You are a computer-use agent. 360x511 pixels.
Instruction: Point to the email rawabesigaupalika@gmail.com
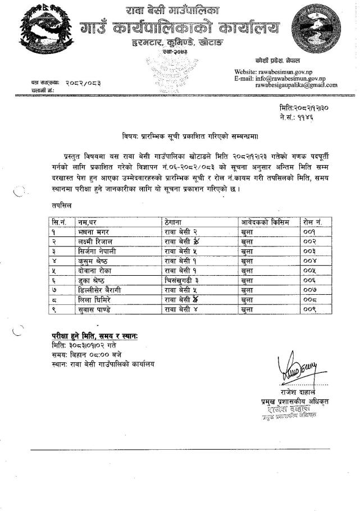(x=296, y=85)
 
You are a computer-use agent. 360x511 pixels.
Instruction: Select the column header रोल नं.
(x=311, y=222)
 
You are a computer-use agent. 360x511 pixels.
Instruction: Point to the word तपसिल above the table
(x=57, y=207)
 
